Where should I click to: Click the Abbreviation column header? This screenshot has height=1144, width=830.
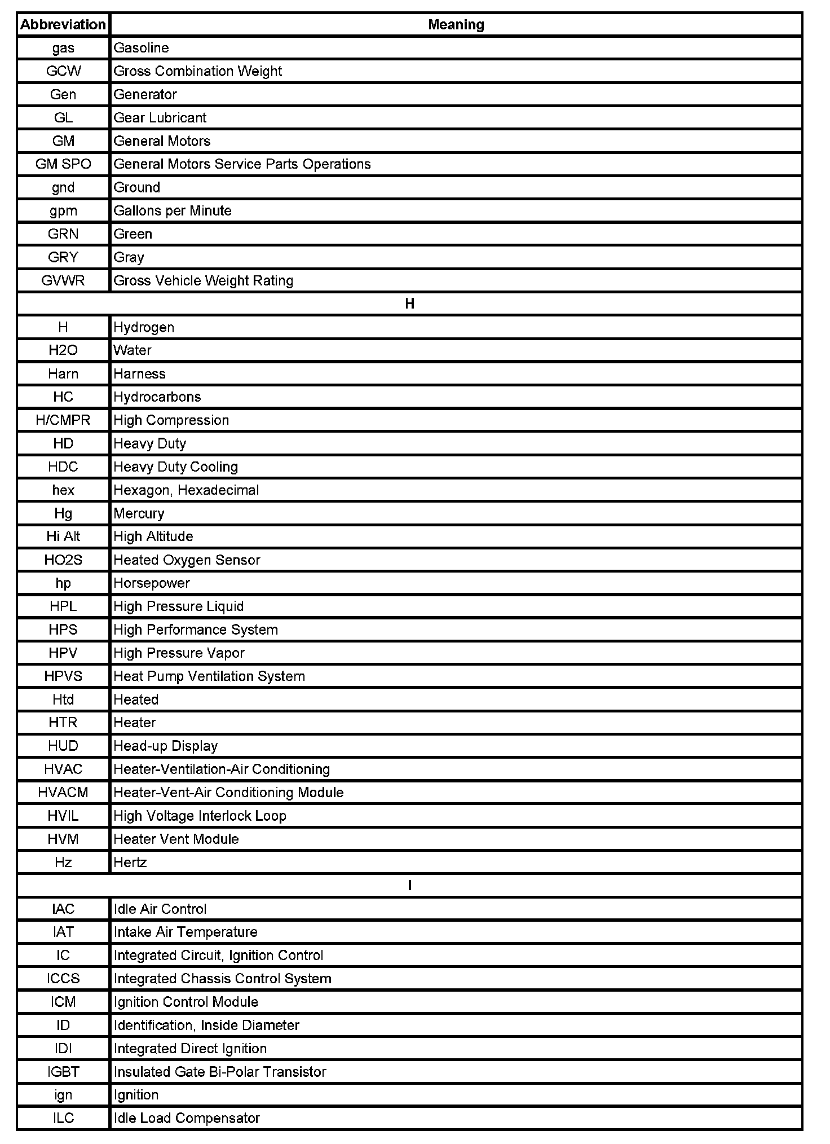63,25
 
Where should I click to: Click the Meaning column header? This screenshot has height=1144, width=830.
456,25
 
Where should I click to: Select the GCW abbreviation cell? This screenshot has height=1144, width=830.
63,71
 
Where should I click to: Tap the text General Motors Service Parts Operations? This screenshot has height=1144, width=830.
242,164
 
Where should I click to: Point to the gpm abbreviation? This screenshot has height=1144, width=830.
63,211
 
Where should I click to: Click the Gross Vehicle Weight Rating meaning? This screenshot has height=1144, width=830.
203,281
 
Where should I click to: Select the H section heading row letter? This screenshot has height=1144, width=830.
410,304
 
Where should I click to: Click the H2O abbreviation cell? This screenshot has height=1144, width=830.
63,350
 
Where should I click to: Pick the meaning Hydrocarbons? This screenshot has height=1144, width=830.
157,397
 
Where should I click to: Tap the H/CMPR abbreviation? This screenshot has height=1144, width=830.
63,420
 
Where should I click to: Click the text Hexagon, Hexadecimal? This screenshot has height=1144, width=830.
186,490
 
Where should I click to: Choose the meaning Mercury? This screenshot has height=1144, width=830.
139,513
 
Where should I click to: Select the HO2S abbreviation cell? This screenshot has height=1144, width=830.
63,560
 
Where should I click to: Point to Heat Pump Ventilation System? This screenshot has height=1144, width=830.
209,676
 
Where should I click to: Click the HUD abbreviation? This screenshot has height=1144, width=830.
63,746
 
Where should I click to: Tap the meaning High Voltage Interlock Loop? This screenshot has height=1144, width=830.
200,816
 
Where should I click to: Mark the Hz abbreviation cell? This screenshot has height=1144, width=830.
63,863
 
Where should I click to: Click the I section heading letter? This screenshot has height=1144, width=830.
410,886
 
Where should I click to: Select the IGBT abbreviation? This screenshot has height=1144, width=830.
63,1072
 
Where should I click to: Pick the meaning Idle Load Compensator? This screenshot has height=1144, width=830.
186,1118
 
